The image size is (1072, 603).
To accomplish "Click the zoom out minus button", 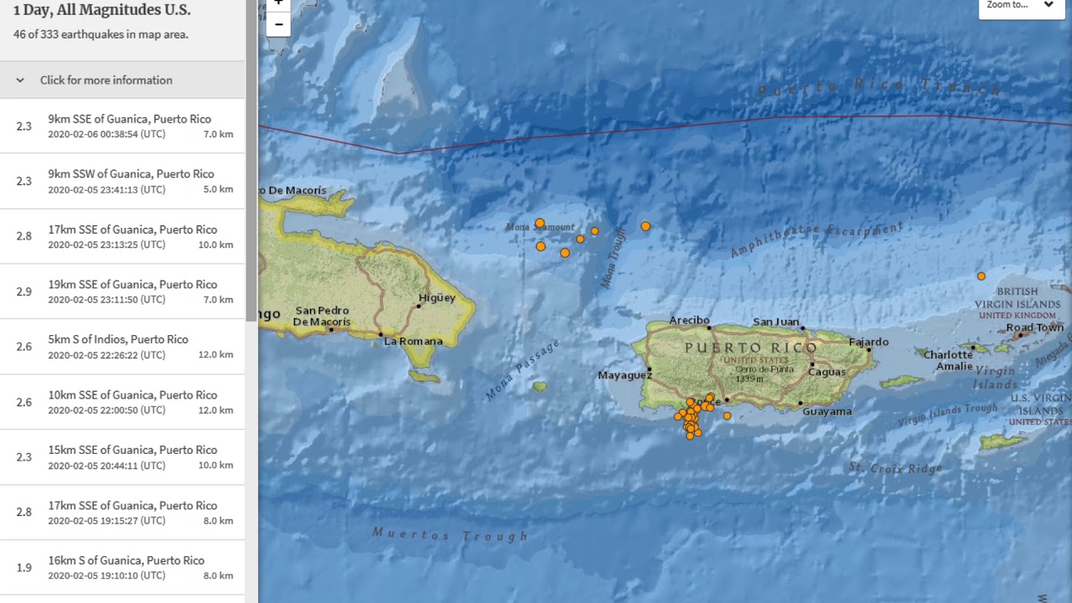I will click(278, 25).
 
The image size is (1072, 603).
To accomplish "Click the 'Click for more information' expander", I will click(106, 80).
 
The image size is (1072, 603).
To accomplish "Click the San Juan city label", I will click(776, 322).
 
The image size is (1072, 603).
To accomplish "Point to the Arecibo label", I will click(689, 320).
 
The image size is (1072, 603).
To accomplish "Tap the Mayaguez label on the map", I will click(624, 375).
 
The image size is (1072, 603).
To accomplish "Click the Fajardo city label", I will click(868, 342).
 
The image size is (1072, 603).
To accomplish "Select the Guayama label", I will click(827, 411).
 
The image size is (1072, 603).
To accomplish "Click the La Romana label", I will click(413, 341).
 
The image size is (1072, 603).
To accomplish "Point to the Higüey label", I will click(437, 297).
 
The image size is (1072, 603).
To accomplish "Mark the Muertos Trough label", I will click(450, 534).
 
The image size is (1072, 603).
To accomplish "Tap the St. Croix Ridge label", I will click(895, 467).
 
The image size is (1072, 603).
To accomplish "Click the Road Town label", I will click(1034, 327).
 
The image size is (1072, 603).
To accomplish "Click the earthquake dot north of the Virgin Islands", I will click(982, 276).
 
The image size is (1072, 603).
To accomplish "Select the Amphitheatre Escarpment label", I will click(817, 240).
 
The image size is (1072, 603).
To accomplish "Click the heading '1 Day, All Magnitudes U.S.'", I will click(101, 11).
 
